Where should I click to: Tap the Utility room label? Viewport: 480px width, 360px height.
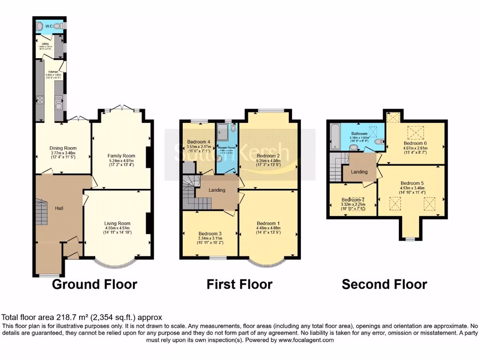(46, 44)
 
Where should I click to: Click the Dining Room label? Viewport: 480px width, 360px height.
(63, 148)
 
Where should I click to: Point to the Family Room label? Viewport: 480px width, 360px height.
(121, 156)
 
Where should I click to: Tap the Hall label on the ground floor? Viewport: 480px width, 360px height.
(59, 208)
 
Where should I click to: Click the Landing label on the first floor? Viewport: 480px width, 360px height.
(217, 190)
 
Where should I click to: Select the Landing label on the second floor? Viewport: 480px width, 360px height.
(360, 172)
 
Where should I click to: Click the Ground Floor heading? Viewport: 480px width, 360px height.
(94, 284)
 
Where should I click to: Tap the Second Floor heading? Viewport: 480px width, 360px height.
(384, 284)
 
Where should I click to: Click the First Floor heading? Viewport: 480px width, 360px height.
(239, 284)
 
